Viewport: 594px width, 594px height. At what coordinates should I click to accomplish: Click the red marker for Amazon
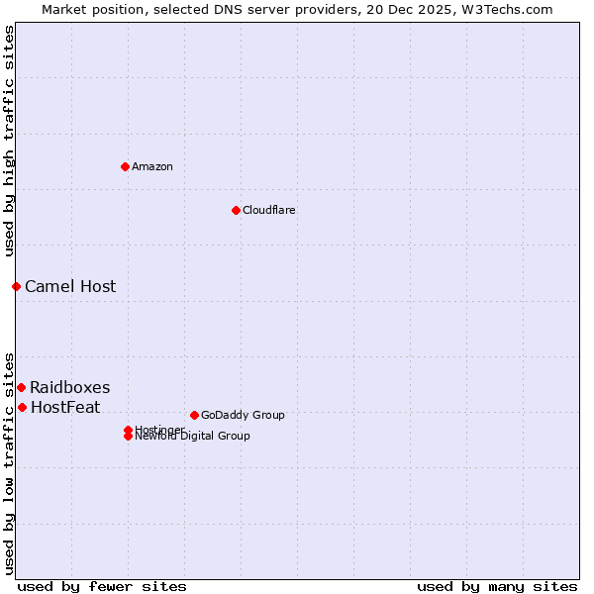coord(125,166)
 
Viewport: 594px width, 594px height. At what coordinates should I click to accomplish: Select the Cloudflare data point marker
coord(236,210)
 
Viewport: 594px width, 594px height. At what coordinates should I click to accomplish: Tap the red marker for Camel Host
coord(16,286)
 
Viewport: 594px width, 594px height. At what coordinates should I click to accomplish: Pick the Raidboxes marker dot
coord(21,387)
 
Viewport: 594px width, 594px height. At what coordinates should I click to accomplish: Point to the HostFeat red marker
coord(22,407)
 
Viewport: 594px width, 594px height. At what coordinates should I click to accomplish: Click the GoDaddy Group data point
coord(194,415)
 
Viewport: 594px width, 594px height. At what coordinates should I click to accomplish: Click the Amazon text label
coord(152,166)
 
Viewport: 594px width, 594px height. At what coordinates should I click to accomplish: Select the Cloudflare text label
coord(269,210)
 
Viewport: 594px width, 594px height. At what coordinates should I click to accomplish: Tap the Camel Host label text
coord(70,286)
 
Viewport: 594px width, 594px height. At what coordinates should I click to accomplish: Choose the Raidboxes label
coord(70,387)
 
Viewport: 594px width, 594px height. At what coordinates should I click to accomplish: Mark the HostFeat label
coord(65,407)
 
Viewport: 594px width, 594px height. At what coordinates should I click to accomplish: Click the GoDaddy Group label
coord(243,415)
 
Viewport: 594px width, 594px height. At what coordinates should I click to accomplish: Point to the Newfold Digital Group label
coord(193,436)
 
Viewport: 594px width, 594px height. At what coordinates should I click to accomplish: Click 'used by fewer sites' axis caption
coord(102,586)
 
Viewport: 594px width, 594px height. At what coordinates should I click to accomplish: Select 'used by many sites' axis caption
coord(497,586)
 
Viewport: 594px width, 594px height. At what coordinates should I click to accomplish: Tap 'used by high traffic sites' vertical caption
coord(9,141)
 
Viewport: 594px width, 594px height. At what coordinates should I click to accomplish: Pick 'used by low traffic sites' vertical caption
coord(9,463)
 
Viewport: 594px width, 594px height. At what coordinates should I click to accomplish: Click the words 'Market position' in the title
coord(87,9)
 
